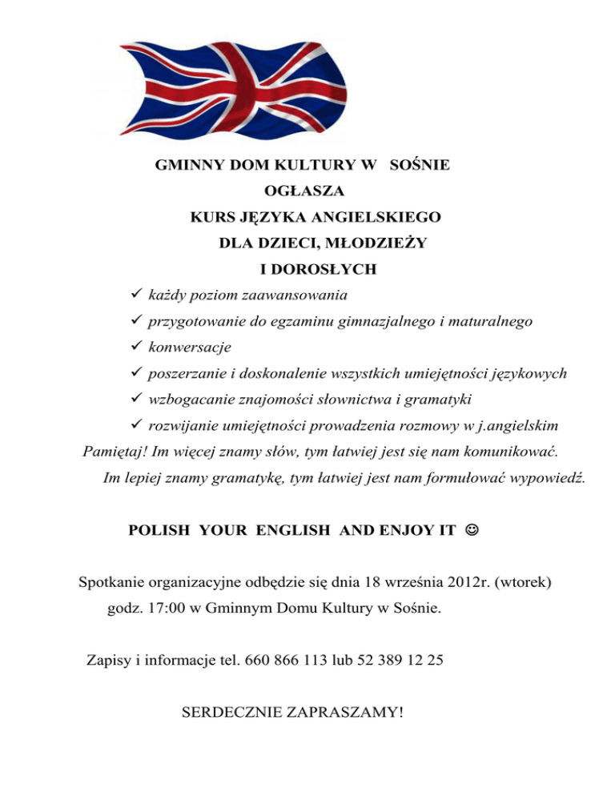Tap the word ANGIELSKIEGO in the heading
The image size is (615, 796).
coord(376,216)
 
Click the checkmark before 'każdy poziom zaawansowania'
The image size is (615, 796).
coord(134,295)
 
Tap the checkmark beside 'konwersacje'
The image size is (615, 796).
coord(134,348)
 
